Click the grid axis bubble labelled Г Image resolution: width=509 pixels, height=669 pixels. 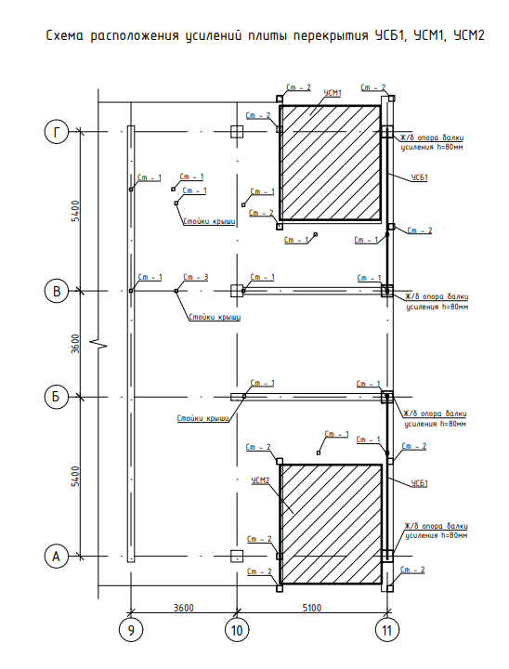coord(57,132)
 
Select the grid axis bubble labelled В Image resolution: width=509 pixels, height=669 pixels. coord(57,291)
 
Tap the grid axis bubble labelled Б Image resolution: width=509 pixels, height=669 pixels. coord(57,398)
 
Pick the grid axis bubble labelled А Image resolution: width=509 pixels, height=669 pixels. coord(57,557)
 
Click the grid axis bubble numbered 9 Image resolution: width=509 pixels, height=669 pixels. coord(131,630)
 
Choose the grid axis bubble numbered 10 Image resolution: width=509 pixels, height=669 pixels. coord(237,630)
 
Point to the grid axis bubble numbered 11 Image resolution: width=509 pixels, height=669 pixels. coord(387,630)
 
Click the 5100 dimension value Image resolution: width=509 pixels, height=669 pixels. coord(312,607)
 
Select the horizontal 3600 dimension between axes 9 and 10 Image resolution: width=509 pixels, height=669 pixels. coord(184,607)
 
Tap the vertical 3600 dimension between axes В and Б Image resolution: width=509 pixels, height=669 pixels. coord(75,344)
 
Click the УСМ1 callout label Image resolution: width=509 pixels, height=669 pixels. coord(333,93)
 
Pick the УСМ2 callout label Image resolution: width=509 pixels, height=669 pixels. coord(261,480)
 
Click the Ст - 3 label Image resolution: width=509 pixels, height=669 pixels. coord(196,277)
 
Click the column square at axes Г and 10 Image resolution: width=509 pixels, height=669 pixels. coord(237,132)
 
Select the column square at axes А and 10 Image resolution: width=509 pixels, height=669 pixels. coord(237,557)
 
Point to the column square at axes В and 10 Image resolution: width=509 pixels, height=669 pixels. coord(237,291)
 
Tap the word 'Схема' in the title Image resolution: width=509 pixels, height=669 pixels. coord(65,35)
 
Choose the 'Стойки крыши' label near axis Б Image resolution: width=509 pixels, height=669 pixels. coord(203,418)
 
